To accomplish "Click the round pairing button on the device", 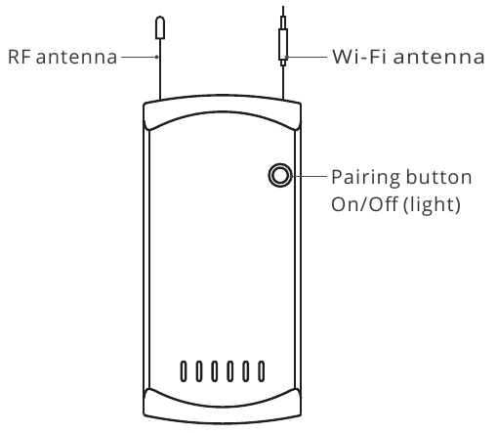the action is point(280,175).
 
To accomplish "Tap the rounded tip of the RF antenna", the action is point(160,27).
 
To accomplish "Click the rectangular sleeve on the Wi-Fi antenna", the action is point(283,44).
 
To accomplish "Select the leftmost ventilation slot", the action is point(184,371).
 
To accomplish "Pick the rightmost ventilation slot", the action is point(261,371).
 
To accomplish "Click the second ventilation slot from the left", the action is point(199,371).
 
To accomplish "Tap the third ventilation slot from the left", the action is point(214,371).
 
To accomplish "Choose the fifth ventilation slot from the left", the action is point(246,371).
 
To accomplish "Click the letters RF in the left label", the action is point(20,57).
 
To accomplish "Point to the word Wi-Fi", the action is point(359,57).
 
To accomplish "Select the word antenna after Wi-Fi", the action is point(439,57).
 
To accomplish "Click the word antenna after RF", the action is point(76,57).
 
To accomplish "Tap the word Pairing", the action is point(365,178).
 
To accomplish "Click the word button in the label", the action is point(438,177).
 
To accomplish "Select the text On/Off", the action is point(364,204).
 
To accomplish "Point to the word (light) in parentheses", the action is point(432,205).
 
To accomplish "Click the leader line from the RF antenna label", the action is point(140,57).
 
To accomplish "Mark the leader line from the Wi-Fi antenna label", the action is point(307,57).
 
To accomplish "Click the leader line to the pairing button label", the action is point(310,176).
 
